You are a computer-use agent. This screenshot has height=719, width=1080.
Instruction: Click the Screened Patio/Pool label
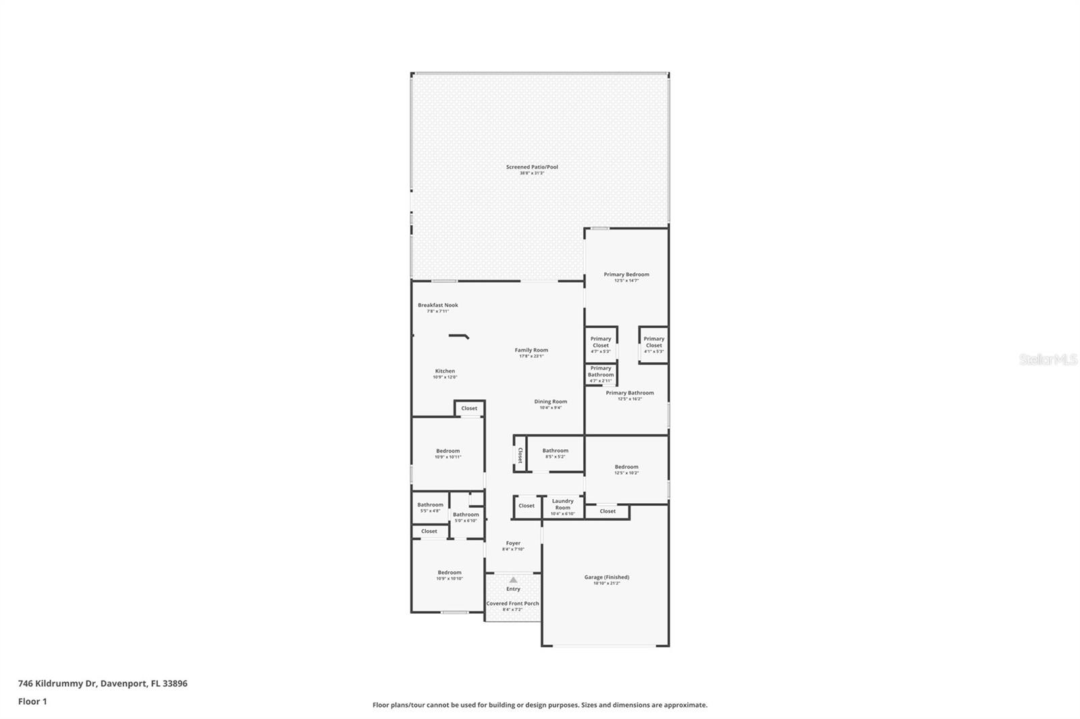(532, 167)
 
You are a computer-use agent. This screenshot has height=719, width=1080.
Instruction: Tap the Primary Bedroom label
(626, 275)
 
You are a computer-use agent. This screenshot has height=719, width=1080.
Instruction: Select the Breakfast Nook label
(437, 306)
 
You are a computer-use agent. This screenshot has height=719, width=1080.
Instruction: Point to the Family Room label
(531, 350)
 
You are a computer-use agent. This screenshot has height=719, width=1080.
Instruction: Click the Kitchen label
(445, 371)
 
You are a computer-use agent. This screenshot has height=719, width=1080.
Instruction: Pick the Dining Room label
(550, 402)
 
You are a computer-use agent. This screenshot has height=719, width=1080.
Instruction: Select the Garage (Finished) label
(606, 577)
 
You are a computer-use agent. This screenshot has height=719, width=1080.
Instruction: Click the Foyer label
(513, 543)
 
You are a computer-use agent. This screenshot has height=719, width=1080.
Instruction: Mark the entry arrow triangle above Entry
(513, 579)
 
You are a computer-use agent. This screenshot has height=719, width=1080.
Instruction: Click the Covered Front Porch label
(512, 604)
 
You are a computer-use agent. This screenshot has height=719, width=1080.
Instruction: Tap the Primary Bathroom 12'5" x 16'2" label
(629, 393)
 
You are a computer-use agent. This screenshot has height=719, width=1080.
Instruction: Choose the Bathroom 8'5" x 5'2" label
(555, 451)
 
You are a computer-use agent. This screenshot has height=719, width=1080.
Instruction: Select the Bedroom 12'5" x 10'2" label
(626, 467)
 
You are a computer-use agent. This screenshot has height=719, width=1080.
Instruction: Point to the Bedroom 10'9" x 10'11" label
(448, 451)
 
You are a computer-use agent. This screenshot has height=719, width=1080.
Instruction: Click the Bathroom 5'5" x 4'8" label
(430, 505)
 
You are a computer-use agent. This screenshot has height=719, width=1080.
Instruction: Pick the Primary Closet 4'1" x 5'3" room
(653, 344)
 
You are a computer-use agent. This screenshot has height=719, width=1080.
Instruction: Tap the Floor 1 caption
(32, 701)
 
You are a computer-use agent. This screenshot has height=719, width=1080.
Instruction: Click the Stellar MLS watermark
(1048, 359)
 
